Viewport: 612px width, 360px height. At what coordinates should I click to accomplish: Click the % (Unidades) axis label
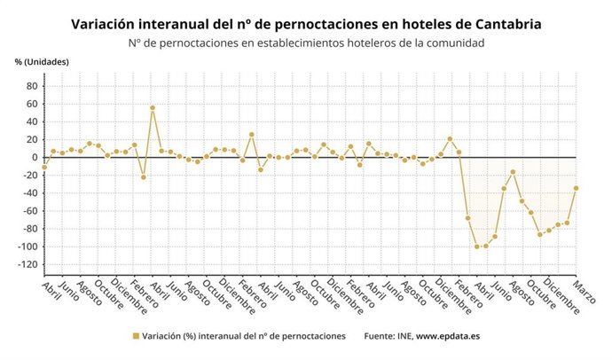click(41, 61)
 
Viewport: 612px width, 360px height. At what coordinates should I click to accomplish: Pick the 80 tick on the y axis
click(31, 86)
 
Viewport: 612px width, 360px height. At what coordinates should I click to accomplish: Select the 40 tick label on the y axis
click(31, 121)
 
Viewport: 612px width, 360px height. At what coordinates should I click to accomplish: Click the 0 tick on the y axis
click(34, 157)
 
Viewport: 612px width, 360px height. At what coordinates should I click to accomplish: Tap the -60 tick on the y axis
click(28, 211)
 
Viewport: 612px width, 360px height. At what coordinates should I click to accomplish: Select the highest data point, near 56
click(153, 108)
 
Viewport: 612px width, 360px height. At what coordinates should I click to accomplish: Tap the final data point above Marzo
click(577, 188)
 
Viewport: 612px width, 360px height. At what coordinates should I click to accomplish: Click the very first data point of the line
click(44, 167)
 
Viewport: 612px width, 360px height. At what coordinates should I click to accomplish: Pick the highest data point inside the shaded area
click(513, 172)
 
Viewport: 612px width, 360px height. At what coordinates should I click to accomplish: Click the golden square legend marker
click(137, 337)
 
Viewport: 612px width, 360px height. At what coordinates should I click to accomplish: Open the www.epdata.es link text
click(449, 337)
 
